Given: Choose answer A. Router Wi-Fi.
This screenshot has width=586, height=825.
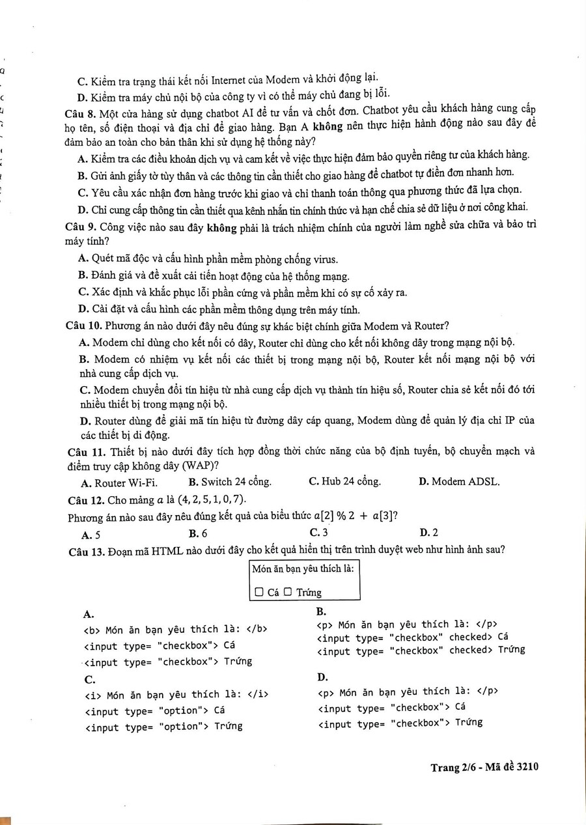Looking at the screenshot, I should tap(119, 483).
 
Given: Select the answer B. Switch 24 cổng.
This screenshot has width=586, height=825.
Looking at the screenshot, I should tap(229, 482).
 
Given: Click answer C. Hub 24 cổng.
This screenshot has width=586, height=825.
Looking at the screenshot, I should tap(344, 482).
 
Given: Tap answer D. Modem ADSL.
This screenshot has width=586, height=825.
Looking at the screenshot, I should tap(459, 482).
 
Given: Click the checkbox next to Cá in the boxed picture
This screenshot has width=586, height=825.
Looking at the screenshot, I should tap(259, 593).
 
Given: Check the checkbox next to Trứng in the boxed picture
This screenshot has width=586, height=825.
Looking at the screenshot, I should tap(287, 593).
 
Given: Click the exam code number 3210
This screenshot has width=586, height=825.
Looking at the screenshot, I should tap(527, 767).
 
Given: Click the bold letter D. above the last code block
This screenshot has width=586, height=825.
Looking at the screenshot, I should tap(323, 677).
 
